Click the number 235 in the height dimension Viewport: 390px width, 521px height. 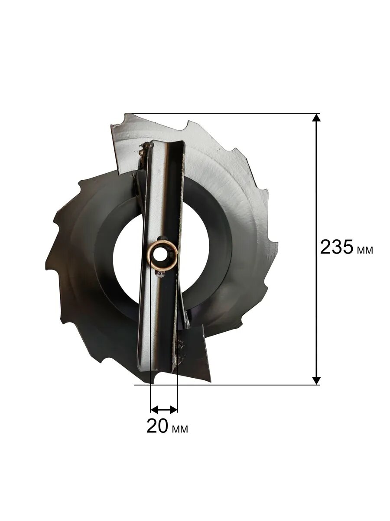[337, 247]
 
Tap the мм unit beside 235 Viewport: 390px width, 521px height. [365, 250]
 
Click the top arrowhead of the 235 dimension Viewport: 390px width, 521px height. [316, 118]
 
